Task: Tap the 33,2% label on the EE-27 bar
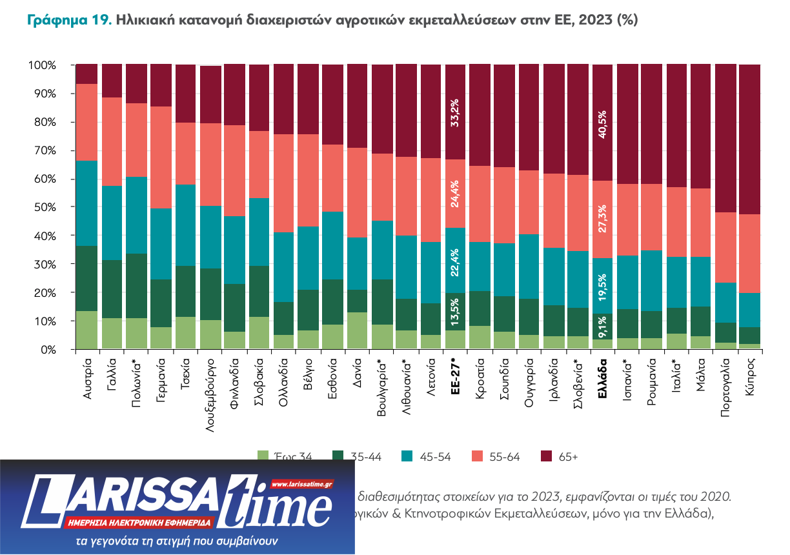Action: pos(455,112)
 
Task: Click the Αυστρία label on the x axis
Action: pos(88,378)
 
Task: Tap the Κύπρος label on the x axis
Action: pos(749,376)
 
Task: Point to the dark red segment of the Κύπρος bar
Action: pos(749,139)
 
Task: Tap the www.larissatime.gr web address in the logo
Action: pos(301,484)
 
